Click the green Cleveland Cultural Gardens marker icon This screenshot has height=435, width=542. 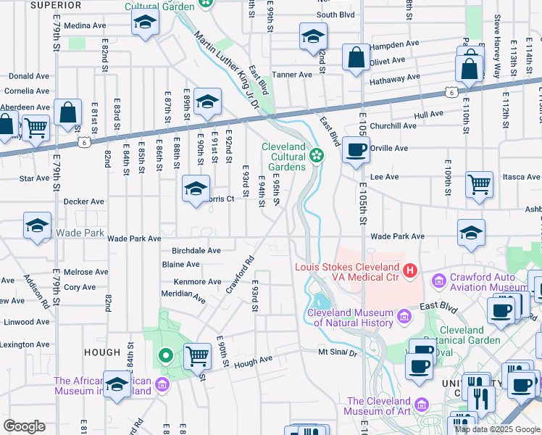click(x=317, y=154)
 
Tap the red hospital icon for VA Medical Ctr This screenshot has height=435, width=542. click(x=410, y=271)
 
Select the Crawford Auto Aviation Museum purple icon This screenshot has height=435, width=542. click(x=438, y=281)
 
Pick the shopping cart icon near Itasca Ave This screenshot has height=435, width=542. click(x=479, y=184)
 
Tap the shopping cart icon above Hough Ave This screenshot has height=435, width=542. click(x=197, y=356)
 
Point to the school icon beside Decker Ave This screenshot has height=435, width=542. click(x=195, y=189)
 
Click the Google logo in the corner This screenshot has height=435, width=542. click(x=24, y=426)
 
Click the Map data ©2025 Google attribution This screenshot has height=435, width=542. click(x=497, y=429)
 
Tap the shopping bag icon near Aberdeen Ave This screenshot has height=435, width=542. click(x=67, y=112)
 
